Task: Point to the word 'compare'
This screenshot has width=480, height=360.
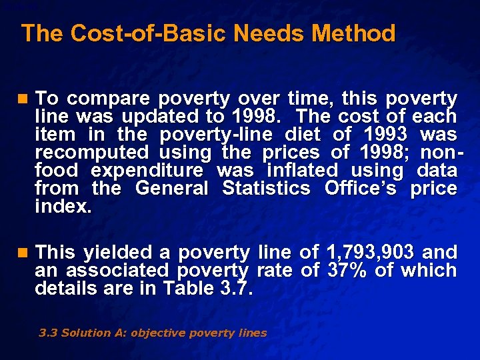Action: point(109,99)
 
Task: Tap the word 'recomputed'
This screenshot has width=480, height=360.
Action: point(92,153)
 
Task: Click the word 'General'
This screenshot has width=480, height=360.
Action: point(171,189)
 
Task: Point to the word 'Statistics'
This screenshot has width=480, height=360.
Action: point(266,189)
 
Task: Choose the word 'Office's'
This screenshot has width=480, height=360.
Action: point(360,189)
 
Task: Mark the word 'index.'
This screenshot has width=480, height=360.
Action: point(63,207)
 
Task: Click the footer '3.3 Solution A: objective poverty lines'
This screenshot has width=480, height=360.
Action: point(153,333)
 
